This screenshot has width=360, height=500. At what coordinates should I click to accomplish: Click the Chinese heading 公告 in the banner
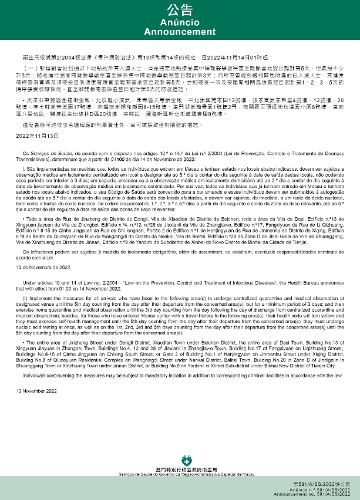180,9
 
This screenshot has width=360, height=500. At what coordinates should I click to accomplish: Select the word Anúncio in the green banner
180,22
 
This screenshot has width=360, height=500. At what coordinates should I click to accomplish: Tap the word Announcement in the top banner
180,32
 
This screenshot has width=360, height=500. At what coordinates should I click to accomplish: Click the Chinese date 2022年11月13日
30,135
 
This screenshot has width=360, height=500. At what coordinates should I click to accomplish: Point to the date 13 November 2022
32,390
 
